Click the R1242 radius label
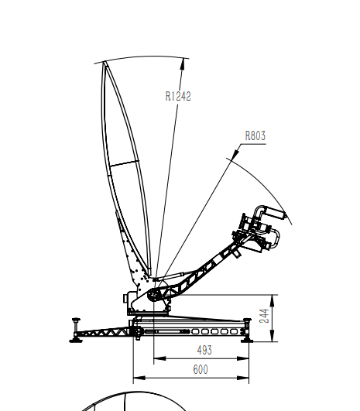pyautogui.click(x=178, y=96)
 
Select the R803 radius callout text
pyautogui.click(x=255, y=135)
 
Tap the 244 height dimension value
pyautogui.click(x=265, y=316)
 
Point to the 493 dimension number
pyautogui.click(x=204, y=350)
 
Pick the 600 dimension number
pyautogui.click(x=201, y=369)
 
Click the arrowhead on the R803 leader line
pyautogui.click(x=235, y=153)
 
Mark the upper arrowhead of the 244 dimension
pyautogui.click(x=273, y=300)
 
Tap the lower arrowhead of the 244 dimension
pyautogui.click(x=273, y=336)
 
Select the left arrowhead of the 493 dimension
pyautogui.click(x=159, y=358)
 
